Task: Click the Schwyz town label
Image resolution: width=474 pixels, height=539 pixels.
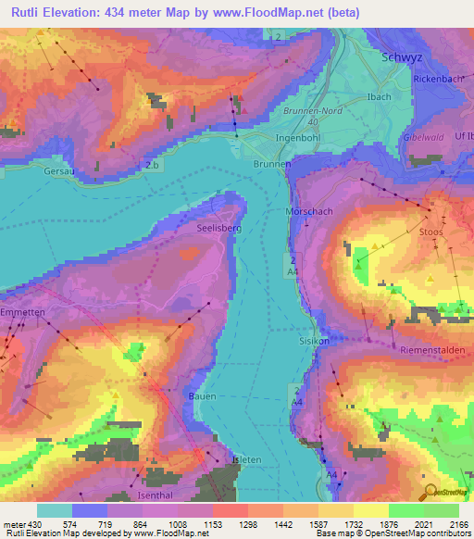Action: click(404, 56)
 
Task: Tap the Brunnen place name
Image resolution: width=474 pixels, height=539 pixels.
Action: click(271, 163)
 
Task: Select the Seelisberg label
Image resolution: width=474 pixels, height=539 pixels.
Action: click(219, 226)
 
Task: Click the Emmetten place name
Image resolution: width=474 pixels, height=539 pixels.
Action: click(22, 313)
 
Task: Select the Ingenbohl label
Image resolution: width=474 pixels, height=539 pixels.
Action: click(298, 138)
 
